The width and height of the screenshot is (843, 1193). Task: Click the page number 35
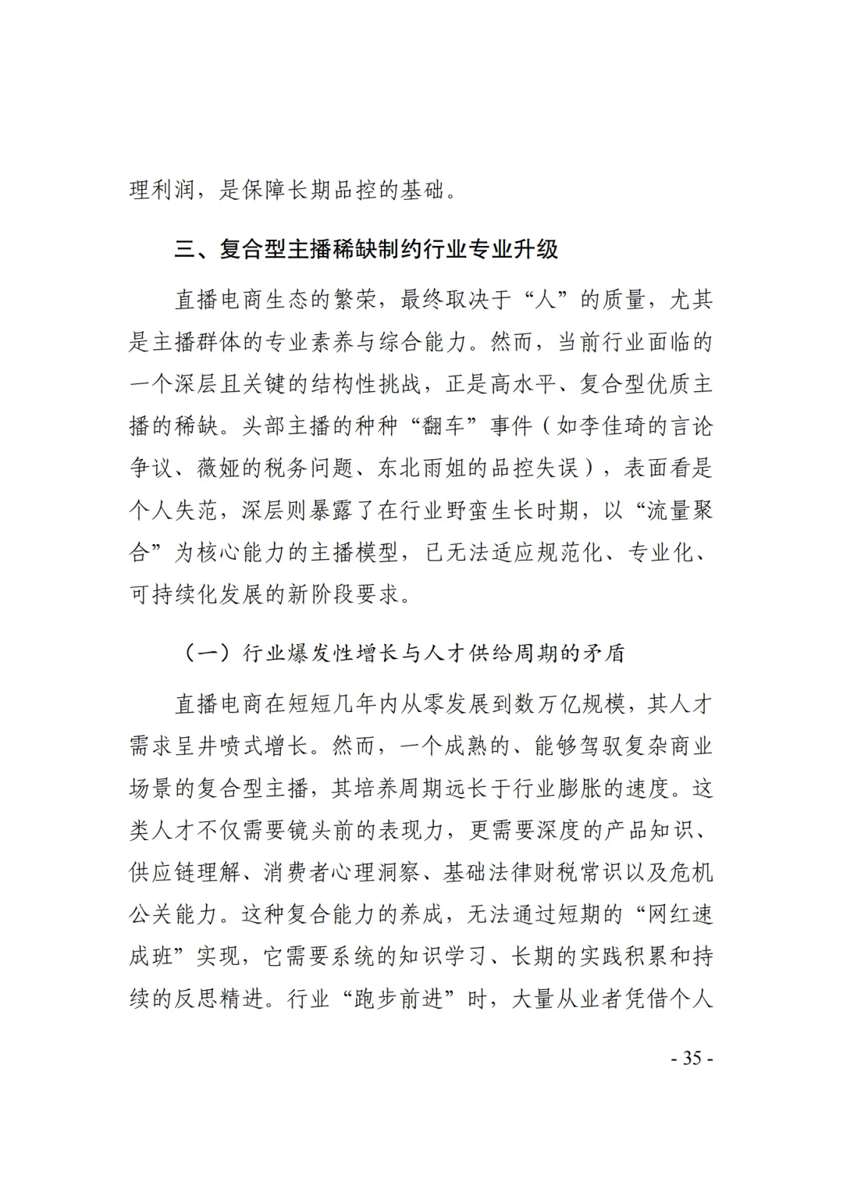point(692,1059)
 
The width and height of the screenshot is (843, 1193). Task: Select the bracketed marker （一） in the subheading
point(207,653)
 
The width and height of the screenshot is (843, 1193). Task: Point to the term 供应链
point(162,873)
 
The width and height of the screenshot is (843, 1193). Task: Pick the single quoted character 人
point(545,300)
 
